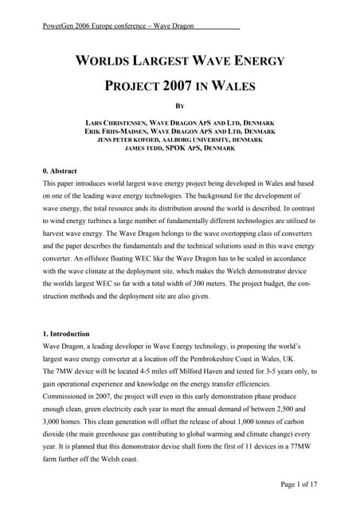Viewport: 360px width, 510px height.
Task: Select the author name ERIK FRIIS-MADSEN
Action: click(119, 130)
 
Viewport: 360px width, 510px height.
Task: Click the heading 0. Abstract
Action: click(61, 171)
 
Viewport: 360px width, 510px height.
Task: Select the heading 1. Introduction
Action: click(65, 333)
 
